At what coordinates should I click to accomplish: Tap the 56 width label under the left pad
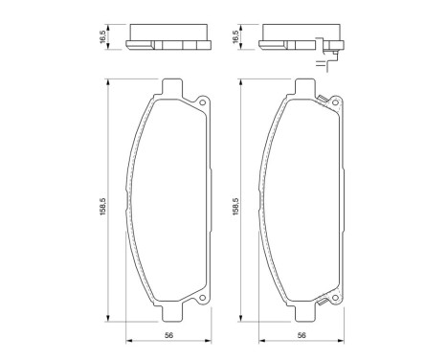168,335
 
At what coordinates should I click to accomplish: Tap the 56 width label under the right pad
301,335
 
